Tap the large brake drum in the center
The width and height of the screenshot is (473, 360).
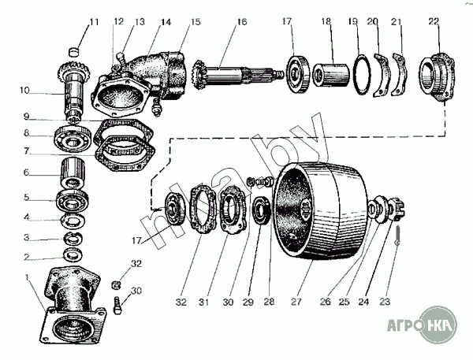pos(319,211)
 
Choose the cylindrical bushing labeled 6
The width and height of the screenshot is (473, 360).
pos(77,172)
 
